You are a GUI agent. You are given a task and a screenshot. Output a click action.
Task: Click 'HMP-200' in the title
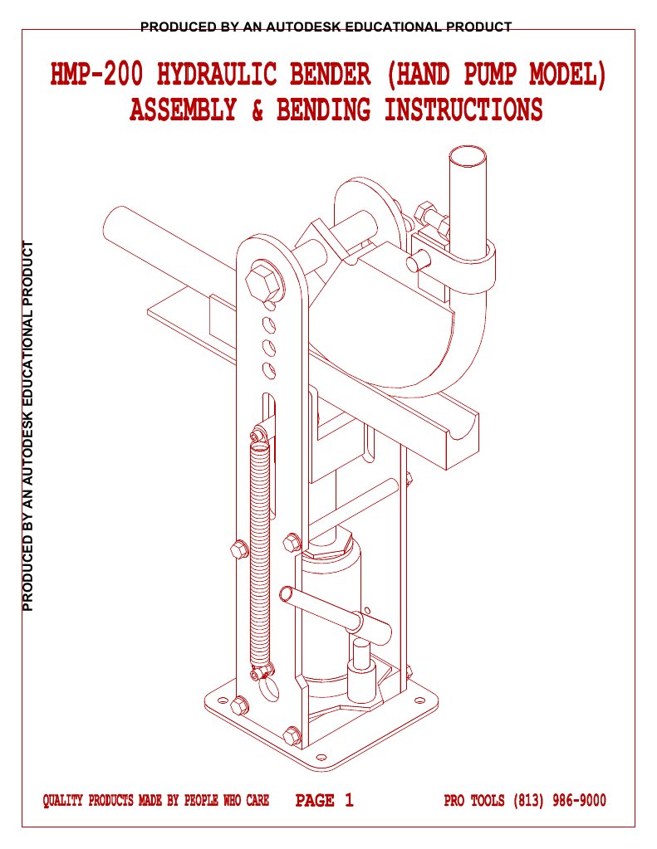point(97,76)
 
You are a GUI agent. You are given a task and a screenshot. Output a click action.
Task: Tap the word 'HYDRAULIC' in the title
point(217,76)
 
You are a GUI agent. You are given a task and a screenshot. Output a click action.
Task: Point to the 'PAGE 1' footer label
point(325,801)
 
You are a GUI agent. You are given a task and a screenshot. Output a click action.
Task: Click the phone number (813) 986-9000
point(560,801)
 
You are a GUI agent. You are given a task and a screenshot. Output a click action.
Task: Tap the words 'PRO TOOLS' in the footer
point(475,801)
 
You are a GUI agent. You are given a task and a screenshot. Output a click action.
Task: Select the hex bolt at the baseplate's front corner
point(292,735)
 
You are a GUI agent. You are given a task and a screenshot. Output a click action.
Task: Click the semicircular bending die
point(390,332)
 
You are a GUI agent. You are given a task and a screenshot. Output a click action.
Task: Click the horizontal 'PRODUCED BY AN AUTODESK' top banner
point(326,27)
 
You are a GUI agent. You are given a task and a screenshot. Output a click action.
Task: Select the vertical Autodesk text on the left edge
point(29,426)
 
